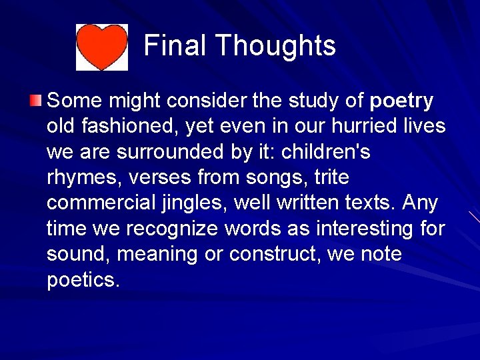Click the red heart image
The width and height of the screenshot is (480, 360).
tap(101, 47)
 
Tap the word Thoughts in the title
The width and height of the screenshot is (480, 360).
tap(275, 46)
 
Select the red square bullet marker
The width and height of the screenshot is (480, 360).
tap(35, 101)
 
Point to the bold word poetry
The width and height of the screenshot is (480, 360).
tap(401, 101)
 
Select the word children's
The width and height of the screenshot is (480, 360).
tap(326, 152)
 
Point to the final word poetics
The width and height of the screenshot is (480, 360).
tap(83, 280)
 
